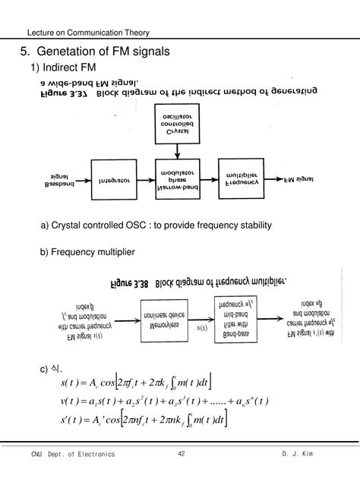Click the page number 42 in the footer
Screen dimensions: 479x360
coord(181,454)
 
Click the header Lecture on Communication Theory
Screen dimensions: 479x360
coord(88,33)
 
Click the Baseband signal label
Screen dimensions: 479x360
coord(58,181)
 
